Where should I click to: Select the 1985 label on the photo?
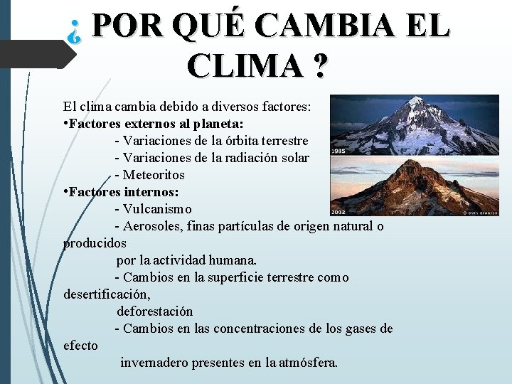[x=338, y=151]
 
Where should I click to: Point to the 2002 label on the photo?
[x=338, y=211]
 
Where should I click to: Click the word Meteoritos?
[x=154, y=175]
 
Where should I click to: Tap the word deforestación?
[x=155, y=311]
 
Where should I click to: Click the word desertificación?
[x=106, y=294]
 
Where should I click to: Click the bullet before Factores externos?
[x=65, y=124]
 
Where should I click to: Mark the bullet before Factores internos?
[x=65, y=192]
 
